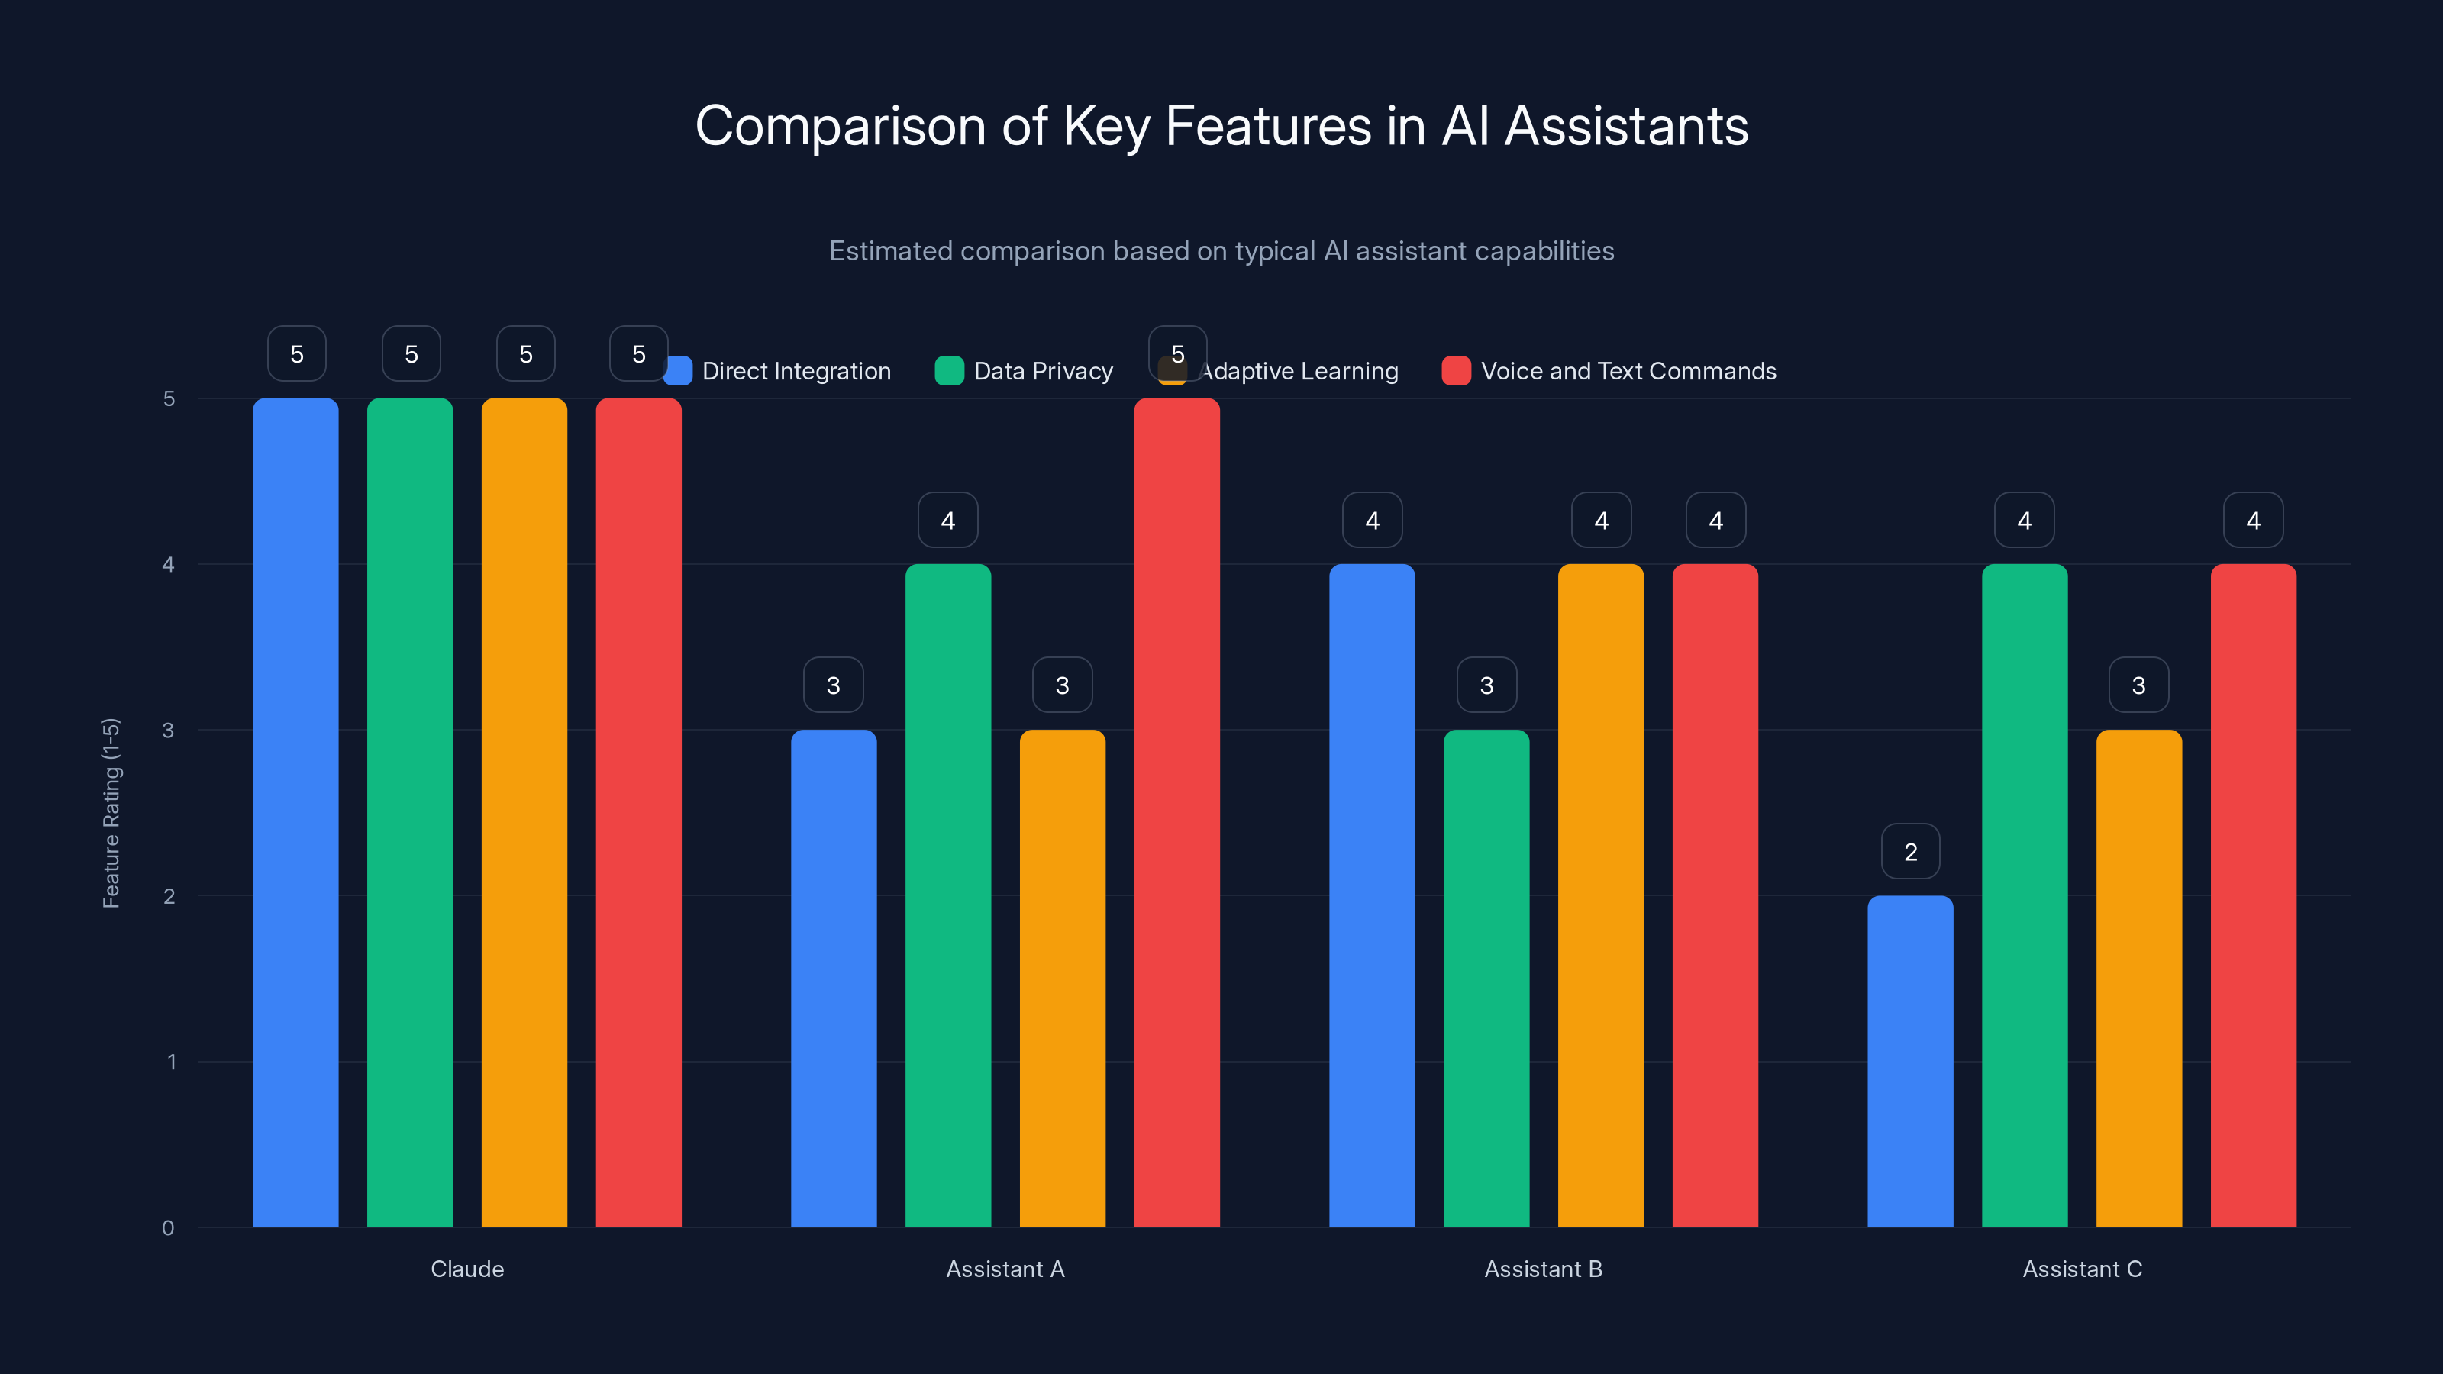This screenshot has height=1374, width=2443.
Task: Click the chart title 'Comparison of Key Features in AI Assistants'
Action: [1221, 126]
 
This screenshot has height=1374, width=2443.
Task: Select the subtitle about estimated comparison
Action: [1221, 251]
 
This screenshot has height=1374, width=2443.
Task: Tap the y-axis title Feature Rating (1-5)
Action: [111, 813]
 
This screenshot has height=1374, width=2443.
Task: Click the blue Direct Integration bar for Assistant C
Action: [1910, 1062]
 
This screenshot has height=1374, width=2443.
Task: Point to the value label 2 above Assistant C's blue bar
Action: [1910, 852]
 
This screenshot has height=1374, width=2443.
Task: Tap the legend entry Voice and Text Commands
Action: [1628, 371]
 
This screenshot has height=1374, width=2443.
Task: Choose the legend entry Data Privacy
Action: [1042, 371]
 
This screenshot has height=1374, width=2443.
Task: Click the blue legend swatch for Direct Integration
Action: [678, 371]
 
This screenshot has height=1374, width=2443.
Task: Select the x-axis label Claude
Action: [467, 1269]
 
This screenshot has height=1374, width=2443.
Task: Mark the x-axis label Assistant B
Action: [1543, 1269]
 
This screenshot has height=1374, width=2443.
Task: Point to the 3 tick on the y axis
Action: [169, 731]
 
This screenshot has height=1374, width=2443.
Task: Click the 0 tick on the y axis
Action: [169, 1228]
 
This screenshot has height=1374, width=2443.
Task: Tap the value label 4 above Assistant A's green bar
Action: [947, 521]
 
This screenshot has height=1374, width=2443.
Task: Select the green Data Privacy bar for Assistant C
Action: [2024, 896]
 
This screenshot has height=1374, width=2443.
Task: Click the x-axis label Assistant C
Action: [2082, 1269]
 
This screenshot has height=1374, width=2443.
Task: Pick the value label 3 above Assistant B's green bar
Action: [1486, 685]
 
